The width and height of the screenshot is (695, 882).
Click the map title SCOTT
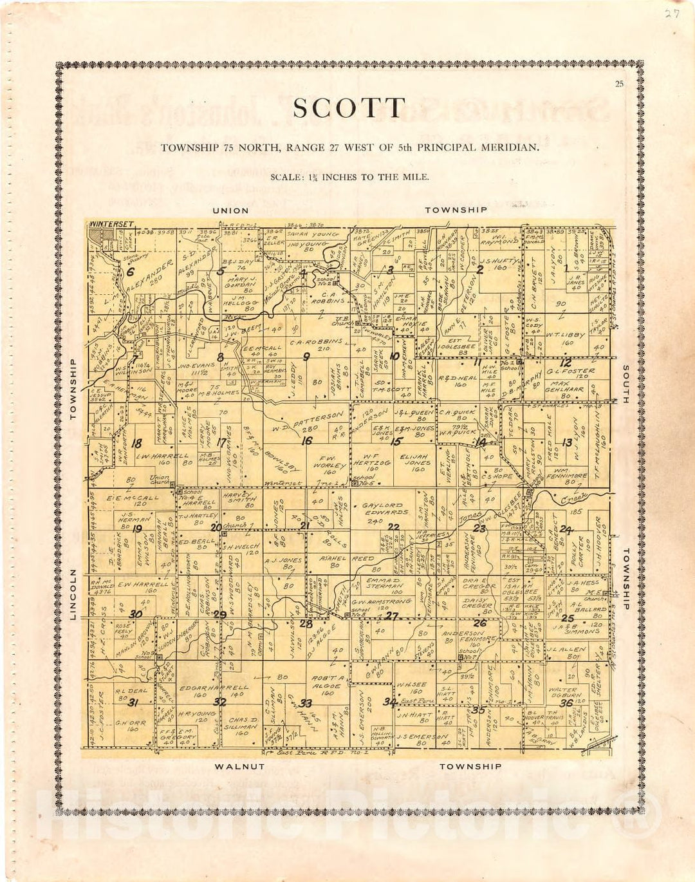(x=349, y=108)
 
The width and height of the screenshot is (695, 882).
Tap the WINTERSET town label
(x=112, y=224)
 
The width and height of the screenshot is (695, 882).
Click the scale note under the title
(x=349, y=177)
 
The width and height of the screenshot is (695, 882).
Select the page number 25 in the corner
(x=619, y=83)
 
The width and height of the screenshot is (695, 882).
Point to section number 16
(x=307, y=441)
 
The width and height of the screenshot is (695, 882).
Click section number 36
(x=566, y=703)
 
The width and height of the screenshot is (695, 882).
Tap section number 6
(x=131, y=272)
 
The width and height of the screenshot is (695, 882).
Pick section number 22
(x=393, y=527)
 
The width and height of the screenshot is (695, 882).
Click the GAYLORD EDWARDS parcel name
(x=385, y=509)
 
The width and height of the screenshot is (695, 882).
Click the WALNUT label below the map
(x=239, y=767)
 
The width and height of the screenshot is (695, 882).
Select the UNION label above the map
(x=230, y=211)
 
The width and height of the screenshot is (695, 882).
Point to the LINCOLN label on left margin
(x=73, y=594)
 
